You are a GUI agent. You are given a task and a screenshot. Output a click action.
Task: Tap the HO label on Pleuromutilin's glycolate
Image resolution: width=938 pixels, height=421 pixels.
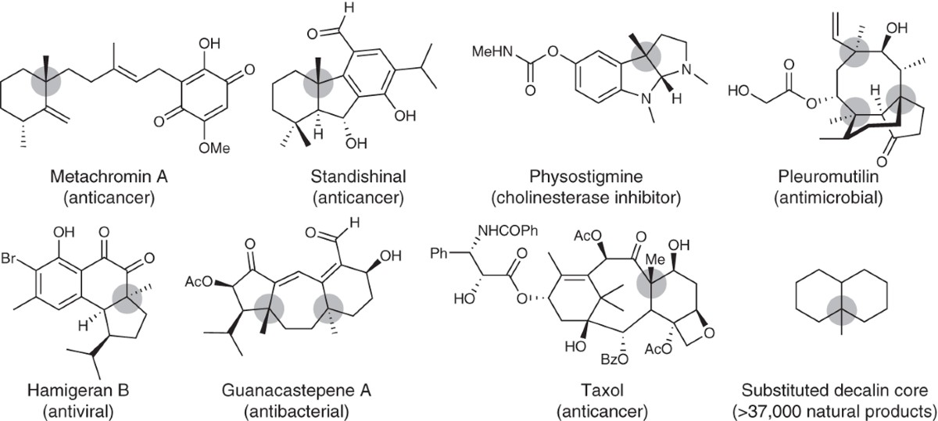click(x=739, y=92)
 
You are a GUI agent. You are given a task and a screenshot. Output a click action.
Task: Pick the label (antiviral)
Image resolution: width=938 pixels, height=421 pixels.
click(x=55, y=409)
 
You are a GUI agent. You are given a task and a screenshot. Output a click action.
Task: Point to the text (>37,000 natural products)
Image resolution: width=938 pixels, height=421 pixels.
click(x=836, y=409)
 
